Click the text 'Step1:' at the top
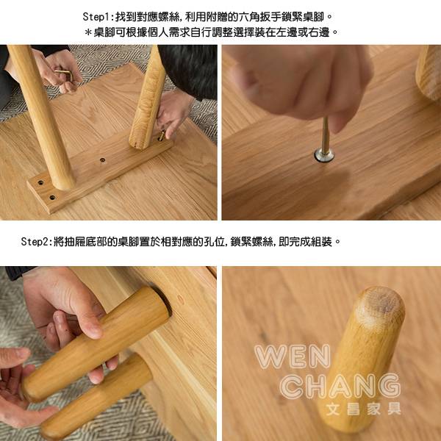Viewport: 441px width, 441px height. (x=98, y=17)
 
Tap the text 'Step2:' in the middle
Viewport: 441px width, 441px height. (x=37, y=242)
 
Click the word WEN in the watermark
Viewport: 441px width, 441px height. (x=293, y=356)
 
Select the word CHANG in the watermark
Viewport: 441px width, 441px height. (x=340, y=386)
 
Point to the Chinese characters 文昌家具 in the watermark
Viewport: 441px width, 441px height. (x=364, y=409)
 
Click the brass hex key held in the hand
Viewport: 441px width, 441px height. (x=65, y=73)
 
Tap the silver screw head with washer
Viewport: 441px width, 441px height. (x=324, y=155)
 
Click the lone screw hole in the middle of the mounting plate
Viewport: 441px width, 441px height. (x=103, y=160)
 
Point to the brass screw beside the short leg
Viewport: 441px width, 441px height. (x=162, y=135)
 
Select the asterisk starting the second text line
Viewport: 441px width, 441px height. (x=88, y=32)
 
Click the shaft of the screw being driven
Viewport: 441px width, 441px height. (x=326, y=135)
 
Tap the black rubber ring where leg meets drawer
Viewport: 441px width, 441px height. (x=165, y=301)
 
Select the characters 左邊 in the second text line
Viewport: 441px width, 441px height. (x=287, y=32)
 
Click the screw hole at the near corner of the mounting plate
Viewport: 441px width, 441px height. (x=52, y=198)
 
